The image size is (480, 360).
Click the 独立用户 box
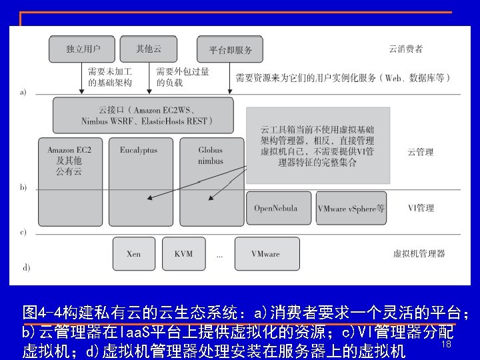(x=83, y=49)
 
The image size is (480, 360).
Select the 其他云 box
(x=149, y=49)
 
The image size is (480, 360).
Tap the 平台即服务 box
(x=231, y=50)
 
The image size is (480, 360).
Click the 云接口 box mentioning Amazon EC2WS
(x=143, y=115)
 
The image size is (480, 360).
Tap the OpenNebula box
(x=275, y=208)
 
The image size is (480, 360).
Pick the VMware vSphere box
(x=351, y=208)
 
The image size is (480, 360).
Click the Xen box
(x=133, y=253)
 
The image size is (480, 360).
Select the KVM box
(x=183, y=253)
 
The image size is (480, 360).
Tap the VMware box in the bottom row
(x=265, y=253)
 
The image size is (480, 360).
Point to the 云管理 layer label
(x=420, y=152)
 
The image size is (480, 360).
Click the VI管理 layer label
(x=421, y=208)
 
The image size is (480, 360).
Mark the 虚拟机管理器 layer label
(x=419, y=253)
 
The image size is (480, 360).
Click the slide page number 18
(x=446, y=345)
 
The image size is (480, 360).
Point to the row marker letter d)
(x=26, y=267)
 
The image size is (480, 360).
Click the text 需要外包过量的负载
(x=182, y=77)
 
